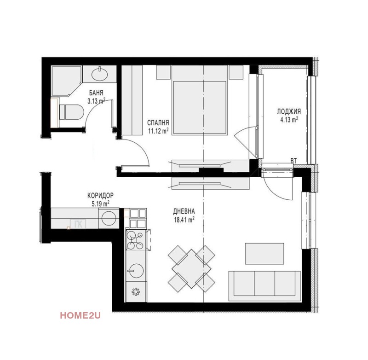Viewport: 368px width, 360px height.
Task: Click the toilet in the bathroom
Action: pyautogui.click(x=72, y=112)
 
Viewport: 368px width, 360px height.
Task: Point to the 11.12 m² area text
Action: pyautogui.click(x=158, y=131)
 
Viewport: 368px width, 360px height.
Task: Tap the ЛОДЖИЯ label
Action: pyautogui.click(x=289, y=111)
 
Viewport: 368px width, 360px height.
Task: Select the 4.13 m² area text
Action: pyautogui.click(x=289, y=119)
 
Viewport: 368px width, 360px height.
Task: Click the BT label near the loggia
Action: pyautogui.click(x=293, y=161)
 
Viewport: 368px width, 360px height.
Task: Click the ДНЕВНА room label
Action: pyautogui.click(x=184, y=211)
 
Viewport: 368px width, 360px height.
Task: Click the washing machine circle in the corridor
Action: pyautogui.click(x=109, y=218)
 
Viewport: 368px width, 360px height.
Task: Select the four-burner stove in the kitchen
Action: pyautogui.click(x=136, y=240)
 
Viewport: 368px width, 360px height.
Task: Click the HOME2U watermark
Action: pyautogui.click(x=80, y=316)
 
